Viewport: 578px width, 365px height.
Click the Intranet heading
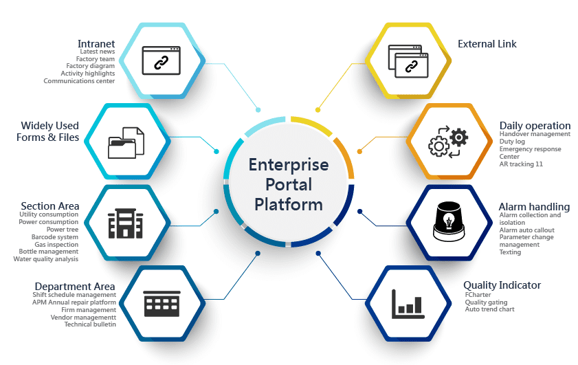pyautogui.click(x=96, y=43)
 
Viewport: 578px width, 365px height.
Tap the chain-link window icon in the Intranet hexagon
pyautogui.click(x=161, y=60)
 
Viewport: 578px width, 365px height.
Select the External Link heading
pyautogui.click(x=487, y=44)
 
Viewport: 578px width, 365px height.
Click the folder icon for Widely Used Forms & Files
pyautogui.click(x=126, y=143)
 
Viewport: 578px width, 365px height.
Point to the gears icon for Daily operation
pyautogui.click(x=448, y=142)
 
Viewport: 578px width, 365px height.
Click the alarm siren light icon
pyautogui.click(x=449, y=221)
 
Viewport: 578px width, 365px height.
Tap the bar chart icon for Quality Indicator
pyautogui.click(x=408, y=304)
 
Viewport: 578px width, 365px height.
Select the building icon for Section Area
pyautogui.click(x=125, y=223)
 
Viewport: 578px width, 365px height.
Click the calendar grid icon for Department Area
pyautogui.click(x=162, y=303)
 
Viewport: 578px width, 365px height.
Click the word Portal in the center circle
pyautogui.click(x=289, y=184)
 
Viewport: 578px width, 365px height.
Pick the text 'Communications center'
pyautogui.click(x=79, y=80)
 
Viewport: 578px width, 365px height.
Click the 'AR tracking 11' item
pyautogui.click(x=521, y=164)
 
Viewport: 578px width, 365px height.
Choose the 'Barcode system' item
pyautogui.click(x=54, y=236)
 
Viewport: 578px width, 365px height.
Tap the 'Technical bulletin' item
pyautogui.click(x=90, y=324)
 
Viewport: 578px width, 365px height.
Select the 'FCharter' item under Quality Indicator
pyautogui.click(x=478, y=295)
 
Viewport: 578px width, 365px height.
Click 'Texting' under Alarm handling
pyautogui.click(x=510, y=252)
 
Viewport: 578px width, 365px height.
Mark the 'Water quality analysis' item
pyautogui.click(x=46, y=259)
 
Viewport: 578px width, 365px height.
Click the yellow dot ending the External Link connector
pyautogui.click(x=318, y=110)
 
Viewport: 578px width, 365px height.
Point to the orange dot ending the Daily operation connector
pyautogui.click(x=359, y=151)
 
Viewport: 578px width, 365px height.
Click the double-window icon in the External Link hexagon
pyautogui.click(x=408, y=61)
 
